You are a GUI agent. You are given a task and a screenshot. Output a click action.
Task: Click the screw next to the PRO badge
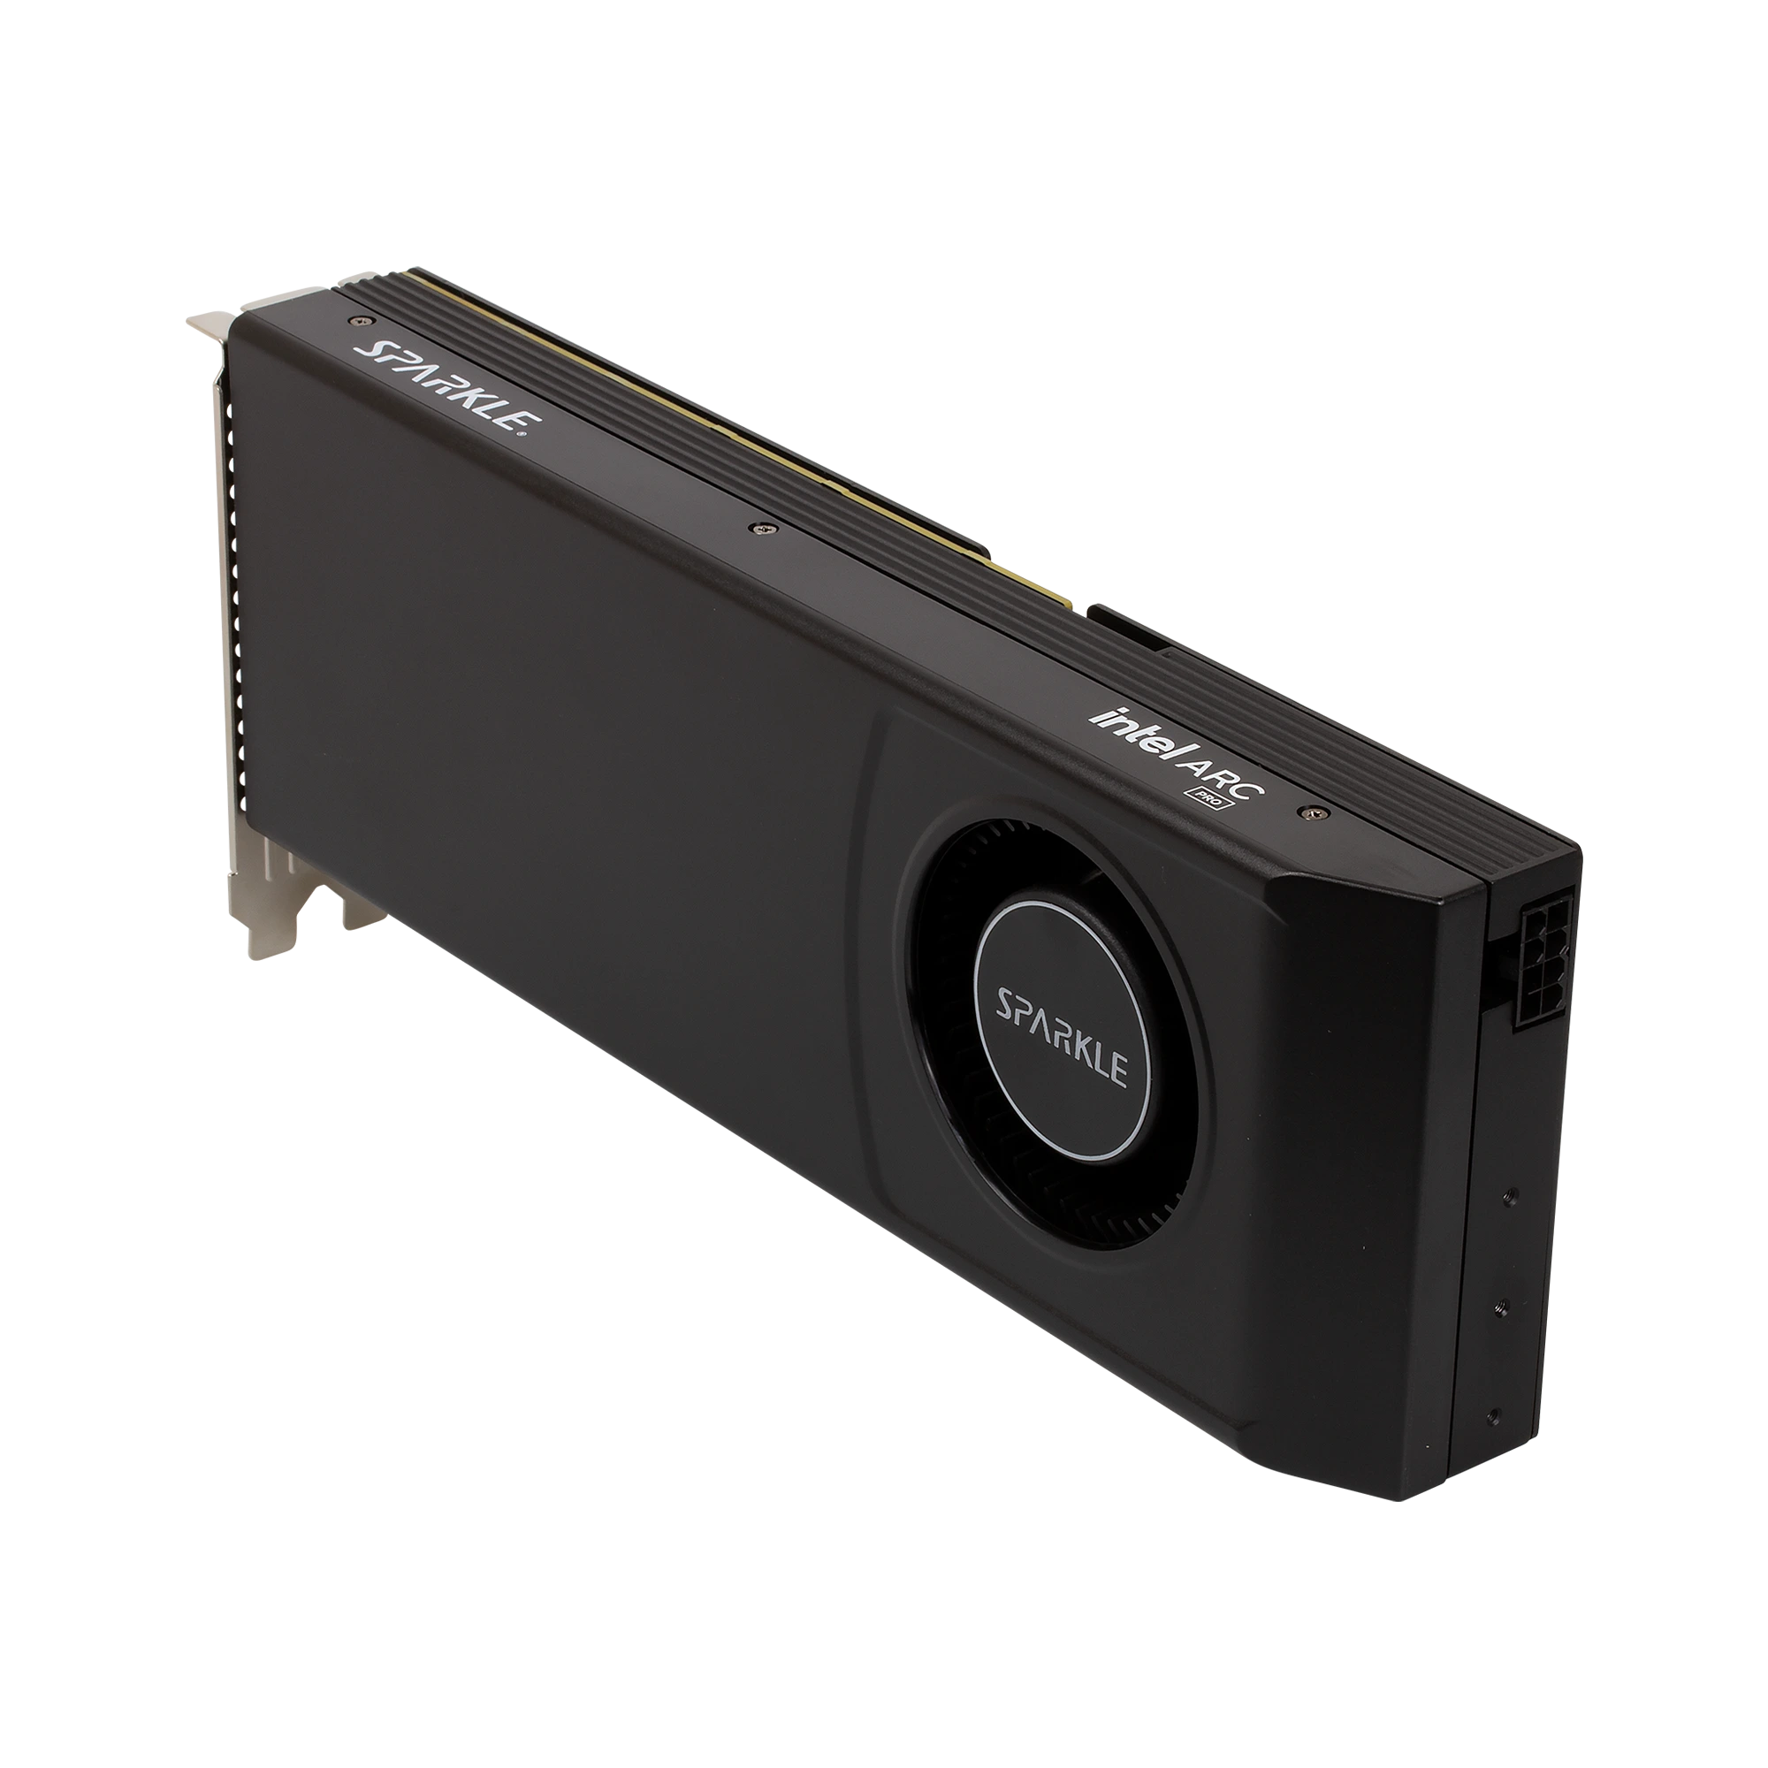(1315, 811)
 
